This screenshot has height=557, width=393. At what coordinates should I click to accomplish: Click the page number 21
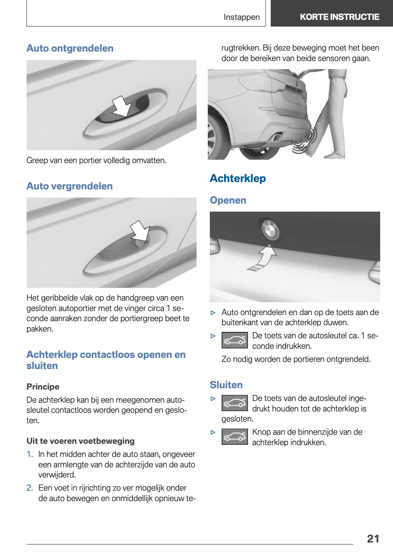[x=373, y=538]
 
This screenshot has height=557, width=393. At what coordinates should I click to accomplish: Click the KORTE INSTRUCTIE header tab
[x=339, y=17]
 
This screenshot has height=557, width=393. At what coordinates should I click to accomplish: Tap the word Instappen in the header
[x=242, y=17]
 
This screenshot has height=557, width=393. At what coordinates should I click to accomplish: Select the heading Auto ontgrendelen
[x=70, y=48]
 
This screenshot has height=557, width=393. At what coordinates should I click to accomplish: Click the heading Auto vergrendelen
[x=69, y=186]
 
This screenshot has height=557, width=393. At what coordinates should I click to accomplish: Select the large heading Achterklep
[x=238, y=178]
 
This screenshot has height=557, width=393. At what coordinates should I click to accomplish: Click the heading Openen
[x=228, y=200]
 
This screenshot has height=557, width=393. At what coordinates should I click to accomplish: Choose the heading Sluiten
[x=226, y=385]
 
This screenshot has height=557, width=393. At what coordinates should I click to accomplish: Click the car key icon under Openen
[x=235, y=340]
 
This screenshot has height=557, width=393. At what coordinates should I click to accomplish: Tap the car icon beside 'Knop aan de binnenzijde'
[x=235, y=437]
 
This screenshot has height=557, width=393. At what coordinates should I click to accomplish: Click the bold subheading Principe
[x=43, y=386]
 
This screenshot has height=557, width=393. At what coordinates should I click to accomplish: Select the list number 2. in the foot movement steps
[x=30, y=488]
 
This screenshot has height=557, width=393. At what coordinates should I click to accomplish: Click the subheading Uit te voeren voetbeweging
[x=80, y=441]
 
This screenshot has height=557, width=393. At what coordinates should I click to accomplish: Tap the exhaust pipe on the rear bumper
[x=277, y=137]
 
